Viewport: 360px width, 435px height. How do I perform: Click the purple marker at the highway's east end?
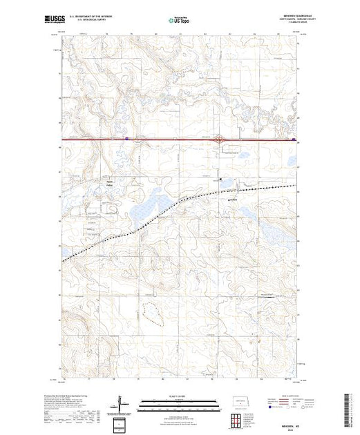(x=294, y=139)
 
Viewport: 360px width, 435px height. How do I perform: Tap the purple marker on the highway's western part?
(x=127, y=139)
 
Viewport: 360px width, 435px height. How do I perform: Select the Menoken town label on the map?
(x=232, y=201)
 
